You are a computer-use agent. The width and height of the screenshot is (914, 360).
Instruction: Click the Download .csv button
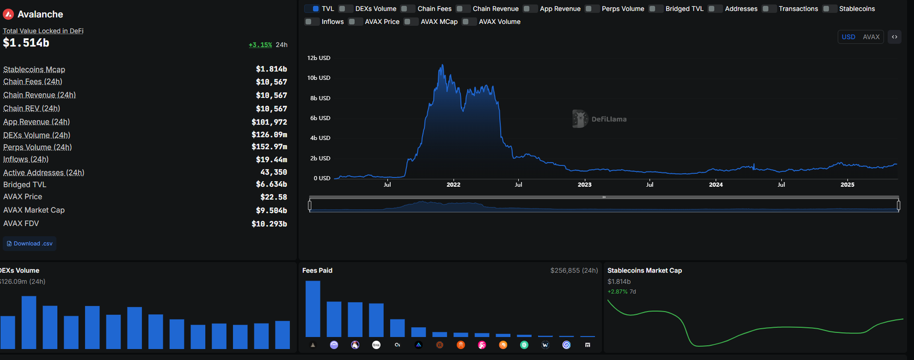click(30, 243)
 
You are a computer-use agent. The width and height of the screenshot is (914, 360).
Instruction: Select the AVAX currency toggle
click(871, 37)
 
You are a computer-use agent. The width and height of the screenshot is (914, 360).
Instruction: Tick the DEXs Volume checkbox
click(345, 9)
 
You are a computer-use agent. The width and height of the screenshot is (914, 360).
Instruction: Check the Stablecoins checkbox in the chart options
click(829, 9)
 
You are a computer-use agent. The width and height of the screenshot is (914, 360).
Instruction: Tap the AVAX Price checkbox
click(355, 22)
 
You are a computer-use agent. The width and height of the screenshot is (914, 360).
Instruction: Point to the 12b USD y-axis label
click(319, 58)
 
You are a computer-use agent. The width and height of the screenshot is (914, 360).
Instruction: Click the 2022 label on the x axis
click(454, 185)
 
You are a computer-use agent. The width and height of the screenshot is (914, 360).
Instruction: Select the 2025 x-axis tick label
click(847, 185)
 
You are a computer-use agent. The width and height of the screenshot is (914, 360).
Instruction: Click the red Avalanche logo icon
click(8, 14)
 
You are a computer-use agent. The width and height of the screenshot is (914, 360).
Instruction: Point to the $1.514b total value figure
click(26, 43)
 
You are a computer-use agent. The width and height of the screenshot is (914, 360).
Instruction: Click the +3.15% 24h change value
click(260, 45)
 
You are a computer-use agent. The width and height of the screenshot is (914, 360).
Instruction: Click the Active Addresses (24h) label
click(43, 173)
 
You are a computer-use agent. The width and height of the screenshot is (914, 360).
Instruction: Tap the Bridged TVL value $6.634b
click(271, 185)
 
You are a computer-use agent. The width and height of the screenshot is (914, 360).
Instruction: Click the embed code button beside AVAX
click(895, 37)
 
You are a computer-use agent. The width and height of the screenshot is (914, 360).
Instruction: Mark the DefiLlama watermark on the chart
click(599, 119)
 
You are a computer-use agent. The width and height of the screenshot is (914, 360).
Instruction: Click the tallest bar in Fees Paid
click(313, 309)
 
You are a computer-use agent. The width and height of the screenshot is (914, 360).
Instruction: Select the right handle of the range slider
click(899, 205)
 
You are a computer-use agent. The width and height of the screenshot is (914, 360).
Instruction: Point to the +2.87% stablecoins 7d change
click(618, 292)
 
